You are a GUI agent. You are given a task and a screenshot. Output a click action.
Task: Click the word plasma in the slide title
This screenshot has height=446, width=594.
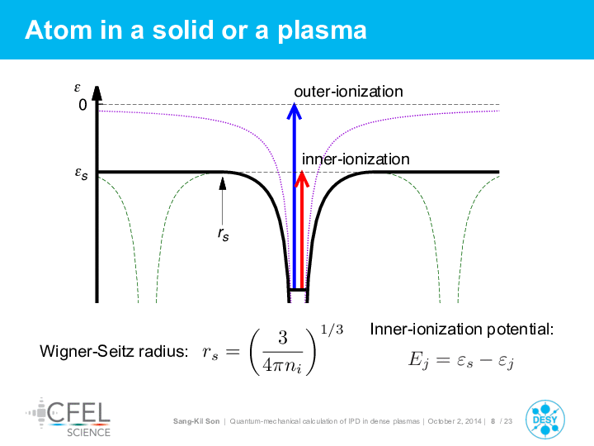click(322, 31)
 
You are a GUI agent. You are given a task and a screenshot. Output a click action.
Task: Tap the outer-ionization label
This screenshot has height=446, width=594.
click(348, 92)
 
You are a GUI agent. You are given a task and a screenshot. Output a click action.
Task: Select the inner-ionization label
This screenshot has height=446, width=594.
click(356, 159)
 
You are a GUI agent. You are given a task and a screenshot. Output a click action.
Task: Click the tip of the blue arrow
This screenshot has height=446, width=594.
click(295, 103)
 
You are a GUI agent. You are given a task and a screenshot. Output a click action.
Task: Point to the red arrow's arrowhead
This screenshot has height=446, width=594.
click(302, 178)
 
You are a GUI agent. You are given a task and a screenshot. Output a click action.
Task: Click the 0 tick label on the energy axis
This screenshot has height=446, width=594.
click(82, 105)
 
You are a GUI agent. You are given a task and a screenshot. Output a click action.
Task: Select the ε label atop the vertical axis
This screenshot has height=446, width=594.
click(78, 88)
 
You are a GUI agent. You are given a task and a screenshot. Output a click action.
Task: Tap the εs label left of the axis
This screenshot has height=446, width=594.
click(81, 173)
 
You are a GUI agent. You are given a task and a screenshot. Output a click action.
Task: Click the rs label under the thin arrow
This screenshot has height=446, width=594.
click(223, 235)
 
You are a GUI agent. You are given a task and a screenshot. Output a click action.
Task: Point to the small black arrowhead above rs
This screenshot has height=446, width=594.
click(223, 183)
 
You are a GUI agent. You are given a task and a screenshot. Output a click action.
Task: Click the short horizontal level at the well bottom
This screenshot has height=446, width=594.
click(298, 290)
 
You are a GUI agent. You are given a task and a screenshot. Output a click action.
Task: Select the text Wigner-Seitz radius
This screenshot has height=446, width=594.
click(114, 351)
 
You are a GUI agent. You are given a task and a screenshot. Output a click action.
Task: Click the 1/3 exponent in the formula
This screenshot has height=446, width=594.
click(332, 330)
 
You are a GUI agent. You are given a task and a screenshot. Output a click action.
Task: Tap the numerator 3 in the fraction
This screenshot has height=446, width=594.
click(283, 338)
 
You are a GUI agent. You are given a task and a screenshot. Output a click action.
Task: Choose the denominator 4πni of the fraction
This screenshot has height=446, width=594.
click(282, 366)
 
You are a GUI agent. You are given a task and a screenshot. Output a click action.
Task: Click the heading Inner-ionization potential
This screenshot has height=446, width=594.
click(462, 330)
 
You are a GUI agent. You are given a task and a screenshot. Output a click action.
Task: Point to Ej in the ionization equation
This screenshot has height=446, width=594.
click(418, 358)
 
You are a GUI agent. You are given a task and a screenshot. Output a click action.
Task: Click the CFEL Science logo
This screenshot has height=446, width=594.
click(68, 418)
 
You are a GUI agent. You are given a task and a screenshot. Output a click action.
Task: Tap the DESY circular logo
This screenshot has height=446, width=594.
click(545, 420)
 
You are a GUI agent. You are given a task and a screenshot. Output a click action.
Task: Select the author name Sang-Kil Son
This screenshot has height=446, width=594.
click(196, 421)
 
